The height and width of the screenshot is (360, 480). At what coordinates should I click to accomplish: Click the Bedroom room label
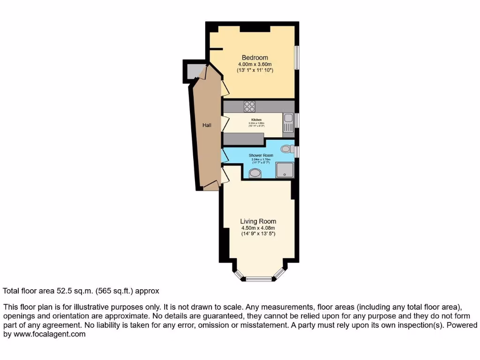click(255, 58)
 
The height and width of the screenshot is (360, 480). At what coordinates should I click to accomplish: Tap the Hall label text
click(207, 125)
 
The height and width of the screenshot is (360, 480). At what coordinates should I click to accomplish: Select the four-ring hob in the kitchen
click(249, 107)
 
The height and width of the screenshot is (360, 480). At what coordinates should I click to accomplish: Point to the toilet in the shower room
click(286, 149)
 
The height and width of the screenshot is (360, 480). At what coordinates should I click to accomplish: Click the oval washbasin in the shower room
click(255, 173)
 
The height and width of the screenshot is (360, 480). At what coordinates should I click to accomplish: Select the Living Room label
click(258, 221)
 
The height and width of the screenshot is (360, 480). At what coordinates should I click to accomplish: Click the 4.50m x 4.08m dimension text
click(258, 228)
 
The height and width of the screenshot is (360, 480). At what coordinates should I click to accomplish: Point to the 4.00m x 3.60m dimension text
click(255, 64)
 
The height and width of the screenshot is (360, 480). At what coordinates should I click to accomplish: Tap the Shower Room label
click(261, 155)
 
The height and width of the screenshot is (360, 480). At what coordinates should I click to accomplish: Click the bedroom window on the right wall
click(297, 58)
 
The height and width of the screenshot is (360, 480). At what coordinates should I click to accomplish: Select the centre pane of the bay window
click(259, 279)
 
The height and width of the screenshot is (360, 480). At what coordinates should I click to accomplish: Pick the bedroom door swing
click(225, 88)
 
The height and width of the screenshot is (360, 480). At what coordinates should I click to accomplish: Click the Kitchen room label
click(256, 120)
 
